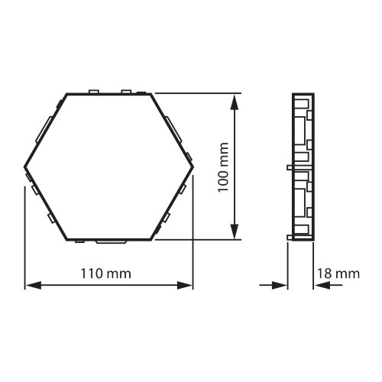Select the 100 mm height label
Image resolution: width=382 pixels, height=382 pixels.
223,166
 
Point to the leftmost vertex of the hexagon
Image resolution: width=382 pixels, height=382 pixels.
25,167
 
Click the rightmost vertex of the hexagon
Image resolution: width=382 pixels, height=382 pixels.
193,167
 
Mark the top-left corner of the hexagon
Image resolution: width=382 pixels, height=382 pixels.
67,93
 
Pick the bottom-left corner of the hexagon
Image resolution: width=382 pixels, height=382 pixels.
67,239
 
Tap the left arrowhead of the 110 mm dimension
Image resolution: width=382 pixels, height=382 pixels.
31,286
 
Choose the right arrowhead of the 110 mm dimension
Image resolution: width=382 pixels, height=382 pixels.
187,286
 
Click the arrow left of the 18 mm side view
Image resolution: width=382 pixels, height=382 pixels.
280,286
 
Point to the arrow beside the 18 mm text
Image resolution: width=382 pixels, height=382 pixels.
320,286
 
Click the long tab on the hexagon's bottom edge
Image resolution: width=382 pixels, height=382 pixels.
112,241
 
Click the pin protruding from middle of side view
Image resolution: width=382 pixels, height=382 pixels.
290,164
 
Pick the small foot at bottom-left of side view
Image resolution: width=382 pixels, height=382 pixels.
290,238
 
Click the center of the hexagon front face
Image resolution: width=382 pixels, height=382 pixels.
109,167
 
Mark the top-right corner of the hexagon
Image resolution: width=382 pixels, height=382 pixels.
151,93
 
